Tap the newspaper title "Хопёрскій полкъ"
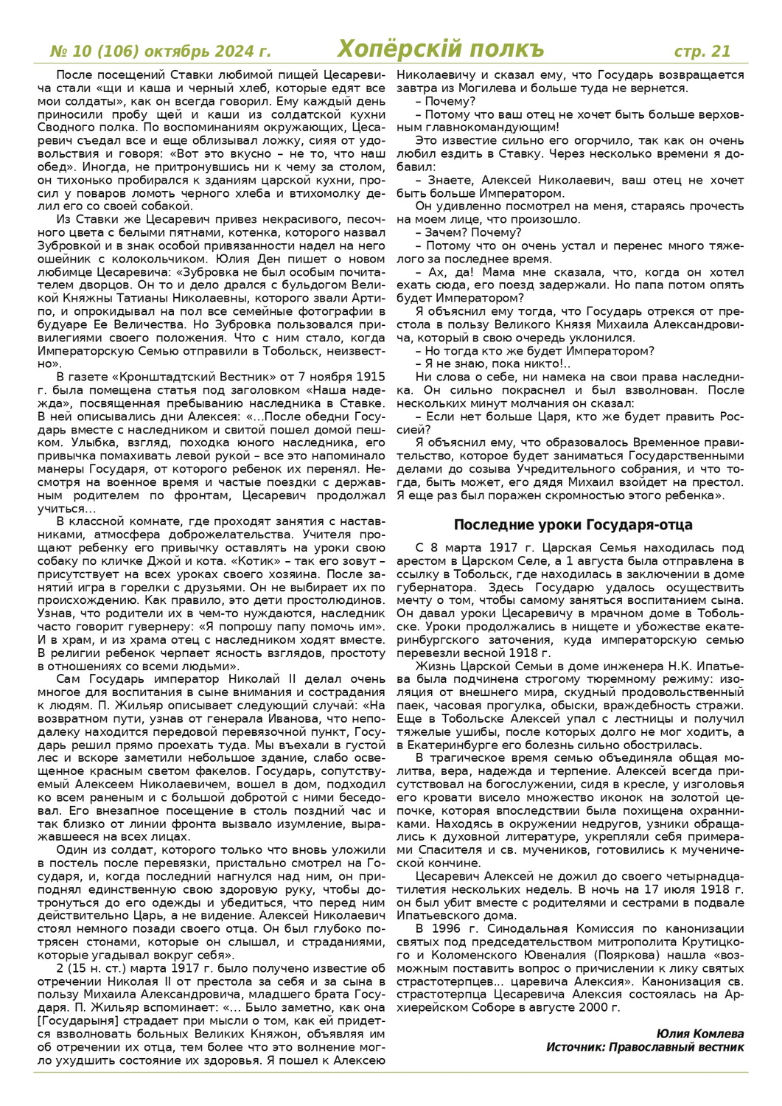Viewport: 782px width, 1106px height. [440, 49]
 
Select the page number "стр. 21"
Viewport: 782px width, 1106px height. [702, 51]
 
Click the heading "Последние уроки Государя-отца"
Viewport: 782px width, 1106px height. [573, 525]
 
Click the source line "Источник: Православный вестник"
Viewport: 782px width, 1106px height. [644, 1047]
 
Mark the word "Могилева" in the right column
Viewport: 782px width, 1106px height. [478, 88]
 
